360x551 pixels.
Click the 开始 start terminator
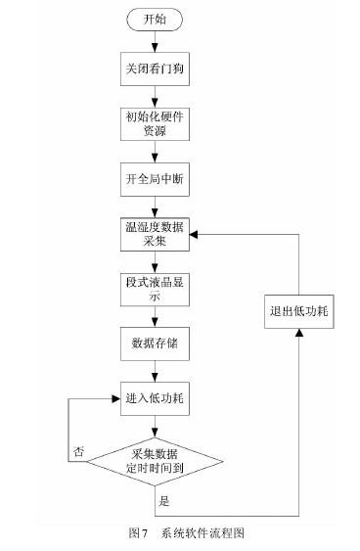click(154, 21)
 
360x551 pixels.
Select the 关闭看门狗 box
click(154, 70)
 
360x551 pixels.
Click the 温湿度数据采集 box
click(154, 236)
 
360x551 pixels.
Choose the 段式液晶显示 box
click(154, 291)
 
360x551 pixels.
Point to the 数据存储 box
click(154, 344)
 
